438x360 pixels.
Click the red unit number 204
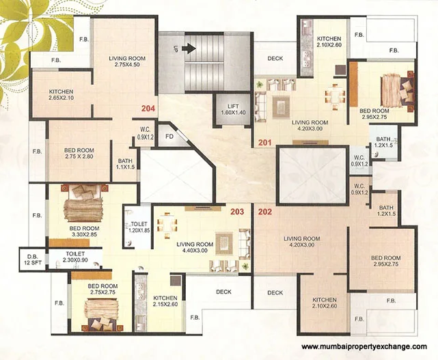[x=148, y=109]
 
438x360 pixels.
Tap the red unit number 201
[x=265, y=143]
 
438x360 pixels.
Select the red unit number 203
[x=237, y=212]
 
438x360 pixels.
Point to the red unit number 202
[x=265, y=212]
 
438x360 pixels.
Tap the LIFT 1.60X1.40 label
[x=233, y=109]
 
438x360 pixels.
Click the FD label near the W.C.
[x=169, y=137]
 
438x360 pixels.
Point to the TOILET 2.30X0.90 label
[x=75, y=257]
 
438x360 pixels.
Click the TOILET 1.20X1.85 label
[x=139, y=227]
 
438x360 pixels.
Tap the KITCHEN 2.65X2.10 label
[x=61, y=95]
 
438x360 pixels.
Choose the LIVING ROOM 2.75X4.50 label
[x=127, y=61]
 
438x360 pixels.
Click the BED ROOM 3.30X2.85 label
[x=84, y=232]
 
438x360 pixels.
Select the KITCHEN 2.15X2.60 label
[x=165, y=301]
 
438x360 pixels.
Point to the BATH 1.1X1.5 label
[x=126, y=164]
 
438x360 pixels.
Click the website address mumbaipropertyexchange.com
[x=364, y=346]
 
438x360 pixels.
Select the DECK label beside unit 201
[x=275, y=58]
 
